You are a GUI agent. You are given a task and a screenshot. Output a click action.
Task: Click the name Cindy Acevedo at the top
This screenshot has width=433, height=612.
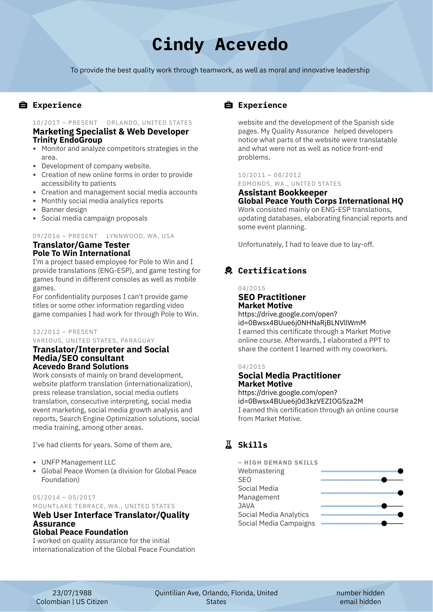point(220,45)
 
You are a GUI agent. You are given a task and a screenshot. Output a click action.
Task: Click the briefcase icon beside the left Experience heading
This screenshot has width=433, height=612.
point(23,105)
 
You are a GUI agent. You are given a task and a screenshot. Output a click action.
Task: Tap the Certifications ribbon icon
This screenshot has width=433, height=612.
point(228,271)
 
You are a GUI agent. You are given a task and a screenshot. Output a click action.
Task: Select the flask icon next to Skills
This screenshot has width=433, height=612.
point(228,445)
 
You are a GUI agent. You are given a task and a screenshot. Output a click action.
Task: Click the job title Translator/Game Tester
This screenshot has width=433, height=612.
point(81,245)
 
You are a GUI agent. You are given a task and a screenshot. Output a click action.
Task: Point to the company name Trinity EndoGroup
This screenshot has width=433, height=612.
point(68,140)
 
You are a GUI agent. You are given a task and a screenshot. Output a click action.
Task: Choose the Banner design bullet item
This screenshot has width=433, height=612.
point(64,210)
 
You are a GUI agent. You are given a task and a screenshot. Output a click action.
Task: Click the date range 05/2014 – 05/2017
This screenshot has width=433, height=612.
point(64,498)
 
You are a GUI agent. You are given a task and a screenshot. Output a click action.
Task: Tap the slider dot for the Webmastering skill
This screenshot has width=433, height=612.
point(400,471)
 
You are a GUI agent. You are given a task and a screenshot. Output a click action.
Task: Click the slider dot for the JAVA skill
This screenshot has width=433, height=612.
point(384,506)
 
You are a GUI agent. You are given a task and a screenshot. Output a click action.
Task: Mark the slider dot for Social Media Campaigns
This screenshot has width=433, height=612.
point(384,523)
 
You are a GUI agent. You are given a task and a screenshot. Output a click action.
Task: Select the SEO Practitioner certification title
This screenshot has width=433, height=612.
point(272,297)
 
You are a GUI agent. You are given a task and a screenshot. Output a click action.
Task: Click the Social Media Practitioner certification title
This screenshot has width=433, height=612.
point(289,376)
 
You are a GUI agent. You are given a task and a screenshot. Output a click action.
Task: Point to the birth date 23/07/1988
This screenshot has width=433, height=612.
point(72,593)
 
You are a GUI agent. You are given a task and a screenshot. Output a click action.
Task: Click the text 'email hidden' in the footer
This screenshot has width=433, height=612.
point(360,602)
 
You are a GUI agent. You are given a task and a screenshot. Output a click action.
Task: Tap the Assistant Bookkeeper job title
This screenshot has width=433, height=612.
point(283,193)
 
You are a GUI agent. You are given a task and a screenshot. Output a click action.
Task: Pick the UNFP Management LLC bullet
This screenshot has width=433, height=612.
point(78,462)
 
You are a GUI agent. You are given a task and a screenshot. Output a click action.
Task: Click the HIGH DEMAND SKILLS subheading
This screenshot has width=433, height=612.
point(281,463)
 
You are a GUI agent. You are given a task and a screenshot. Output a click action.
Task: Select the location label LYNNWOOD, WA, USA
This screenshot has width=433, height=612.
point(140,236)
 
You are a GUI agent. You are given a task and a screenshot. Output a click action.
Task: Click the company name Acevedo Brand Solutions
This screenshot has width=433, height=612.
point(81,366)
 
